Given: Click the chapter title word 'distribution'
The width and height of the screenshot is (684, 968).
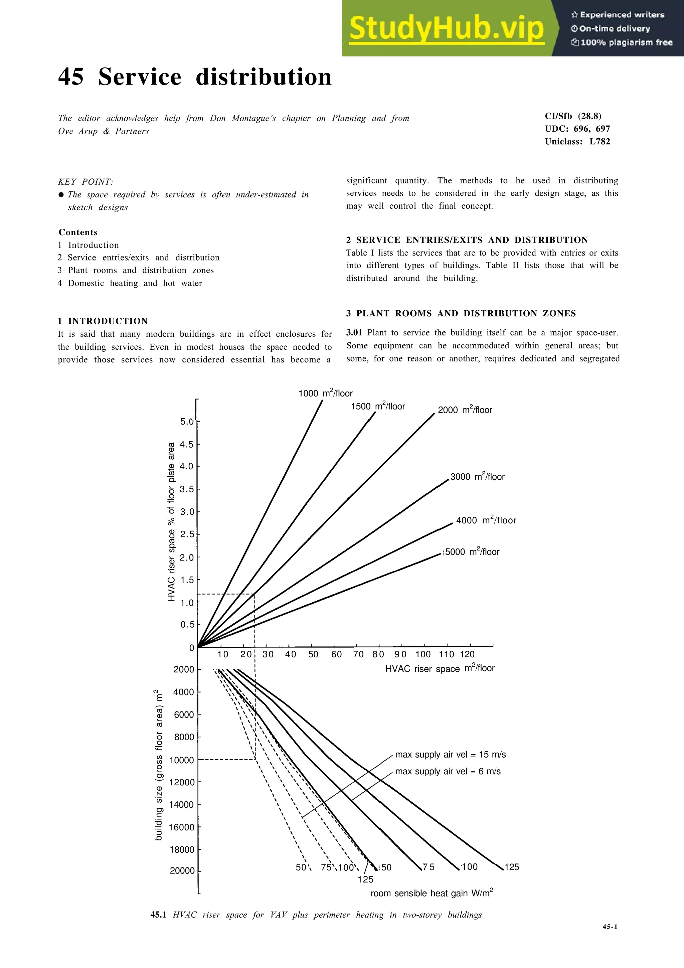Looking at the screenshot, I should click(x=264, y=77).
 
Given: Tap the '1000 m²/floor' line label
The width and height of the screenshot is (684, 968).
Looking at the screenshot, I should click(x=325, y=393).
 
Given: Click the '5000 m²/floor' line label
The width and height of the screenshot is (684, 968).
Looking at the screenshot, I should click(x=472, y=552).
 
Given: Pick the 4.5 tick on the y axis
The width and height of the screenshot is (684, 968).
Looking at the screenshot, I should click(x=187, y=444).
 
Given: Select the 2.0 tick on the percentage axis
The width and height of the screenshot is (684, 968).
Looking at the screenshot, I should click(x=187, y=557).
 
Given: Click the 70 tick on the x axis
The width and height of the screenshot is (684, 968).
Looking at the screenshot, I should click(x=358, y=654).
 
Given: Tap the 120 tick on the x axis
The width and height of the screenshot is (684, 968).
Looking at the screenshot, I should click(x=467, y=654).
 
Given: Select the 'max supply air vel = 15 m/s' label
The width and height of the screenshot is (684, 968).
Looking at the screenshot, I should click(x=450, y=754).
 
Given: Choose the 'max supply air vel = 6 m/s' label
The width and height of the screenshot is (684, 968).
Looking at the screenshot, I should click(x=448, y=771).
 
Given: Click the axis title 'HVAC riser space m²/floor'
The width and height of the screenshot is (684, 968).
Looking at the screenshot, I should click(x=440, y=669).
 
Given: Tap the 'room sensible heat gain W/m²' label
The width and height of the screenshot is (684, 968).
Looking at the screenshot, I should click(x=432, y=893).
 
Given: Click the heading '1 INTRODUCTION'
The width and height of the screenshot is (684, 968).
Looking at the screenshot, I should click(x=103, y=321).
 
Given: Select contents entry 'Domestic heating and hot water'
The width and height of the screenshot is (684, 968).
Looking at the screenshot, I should click(x=135, y=283).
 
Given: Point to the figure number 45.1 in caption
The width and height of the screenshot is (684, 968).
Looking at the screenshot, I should click(x=158, y=915).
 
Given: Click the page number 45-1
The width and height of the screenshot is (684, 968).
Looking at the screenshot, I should click(x=610, y=927).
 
